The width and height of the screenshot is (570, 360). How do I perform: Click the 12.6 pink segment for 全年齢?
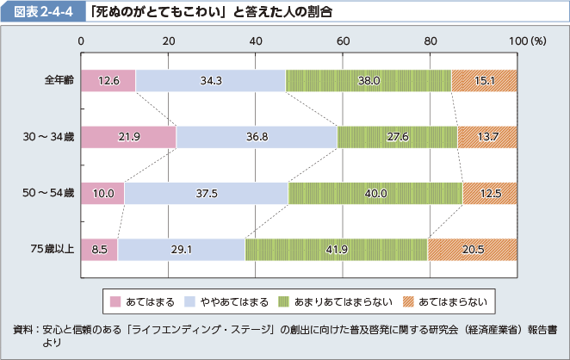(108, 81)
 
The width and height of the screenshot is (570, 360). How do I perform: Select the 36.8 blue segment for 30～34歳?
(257, 137)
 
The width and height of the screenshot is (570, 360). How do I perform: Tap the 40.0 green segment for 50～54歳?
(375, 193)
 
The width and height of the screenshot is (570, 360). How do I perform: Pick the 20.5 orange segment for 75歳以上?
(472, 249)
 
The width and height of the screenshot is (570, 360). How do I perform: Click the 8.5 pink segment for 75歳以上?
(98, 249)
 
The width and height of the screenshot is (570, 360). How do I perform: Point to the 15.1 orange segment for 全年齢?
(485, 81)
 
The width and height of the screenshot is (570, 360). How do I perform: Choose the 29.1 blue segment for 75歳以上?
(181, 249)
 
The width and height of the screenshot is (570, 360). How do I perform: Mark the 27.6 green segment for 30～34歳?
(397, 137)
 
